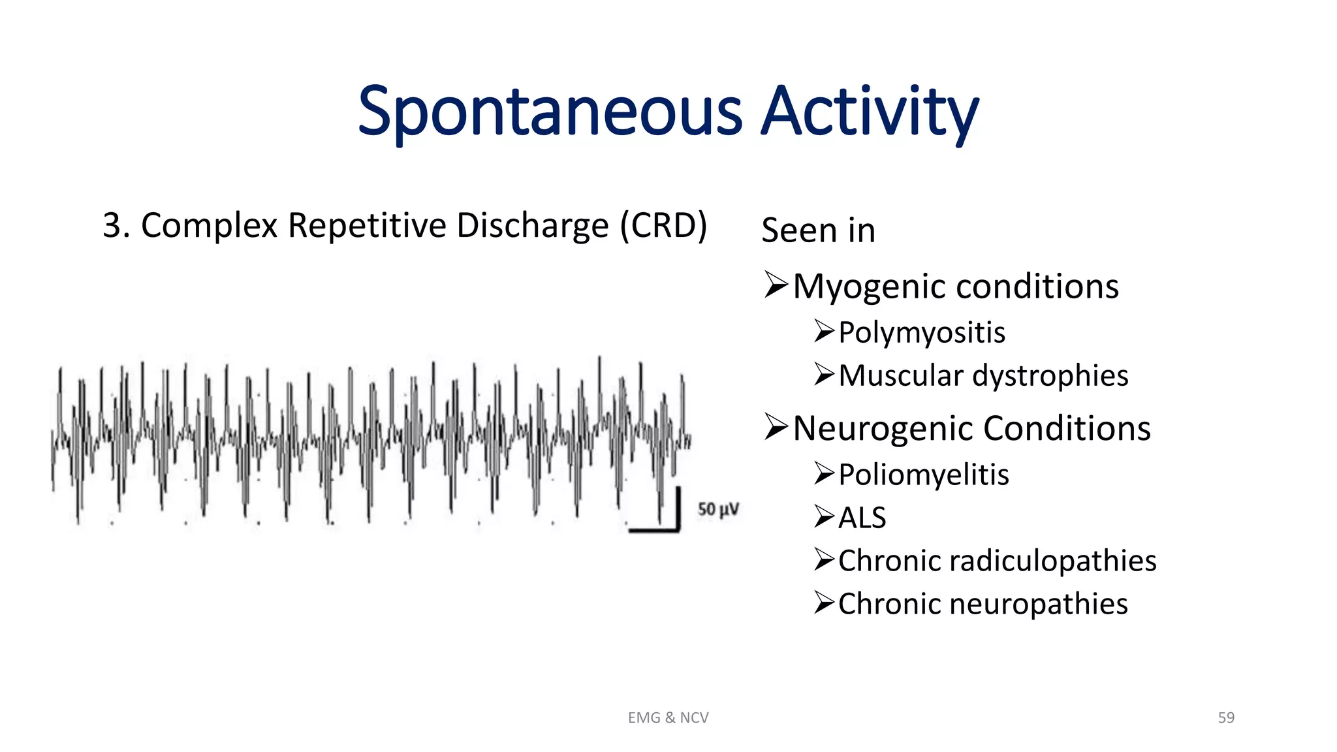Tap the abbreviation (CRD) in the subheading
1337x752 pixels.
[663, 225]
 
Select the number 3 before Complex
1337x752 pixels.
[112, 225]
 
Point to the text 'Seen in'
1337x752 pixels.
[818, 230]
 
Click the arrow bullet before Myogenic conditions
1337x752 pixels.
[776, 285]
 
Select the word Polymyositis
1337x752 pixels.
[921, 332]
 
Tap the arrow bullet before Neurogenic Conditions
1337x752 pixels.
[776, 428]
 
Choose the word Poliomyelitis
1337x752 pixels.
[923, 475]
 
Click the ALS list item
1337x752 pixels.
[862, 518]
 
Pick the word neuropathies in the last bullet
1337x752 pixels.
[1038, 604]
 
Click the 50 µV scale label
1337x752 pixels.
[718, 509]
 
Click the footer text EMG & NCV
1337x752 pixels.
[668, 717]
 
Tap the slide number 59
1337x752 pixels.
[1225, 717]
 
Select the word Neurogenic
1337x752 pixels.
[884, 428]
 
